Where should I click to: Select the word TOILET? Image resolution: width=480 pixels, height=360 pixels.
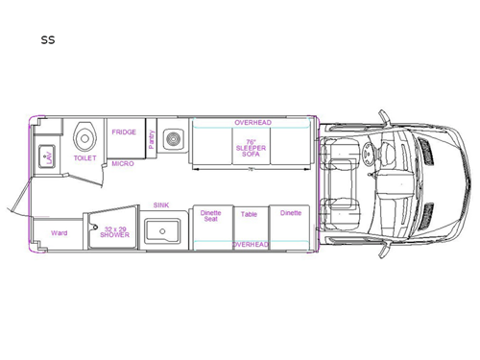(x=84, y=158)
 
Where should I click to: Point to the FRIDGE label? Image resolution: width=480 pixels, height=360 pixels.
(x=123, y=132)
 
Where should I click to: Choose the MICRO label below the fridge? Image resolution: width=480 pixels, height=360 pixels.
(x=122, y=163)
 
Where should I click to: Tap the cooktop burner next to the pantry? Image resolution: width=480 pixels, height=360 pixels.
(x=174, y=140)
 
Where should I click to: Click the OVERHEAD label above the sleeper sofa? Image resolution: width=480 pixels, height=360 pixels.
(x=252, y=123)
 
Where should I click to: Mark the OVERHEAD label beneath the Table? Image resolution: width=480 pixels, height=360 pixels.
(x=251, y=245)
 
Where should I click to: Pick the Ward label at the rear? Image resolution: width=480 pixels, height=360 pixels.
(x=59, y=232)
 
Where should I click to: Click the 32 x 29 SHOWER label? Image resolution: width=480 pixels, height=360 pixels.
(x=114, y=231)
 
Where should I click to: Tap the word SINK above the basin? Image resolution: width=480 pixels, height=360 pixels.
(x=161, y=205)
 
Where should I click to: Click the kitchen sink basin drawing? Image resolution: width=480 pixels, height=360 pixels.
(x=161, y=231)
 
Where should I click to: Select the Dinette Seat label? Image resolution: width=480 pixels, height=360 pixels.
(x=211, y=216)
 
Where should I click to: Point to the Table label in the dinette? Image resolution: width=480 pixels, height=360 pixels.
(x=250, y=214)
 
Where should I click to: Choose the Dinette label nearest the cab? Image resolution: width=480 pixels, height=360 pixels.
(x=290, y=213)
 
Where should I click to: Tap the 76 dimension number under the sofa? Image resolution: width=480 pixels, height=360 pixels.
(x=251, y=170)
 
